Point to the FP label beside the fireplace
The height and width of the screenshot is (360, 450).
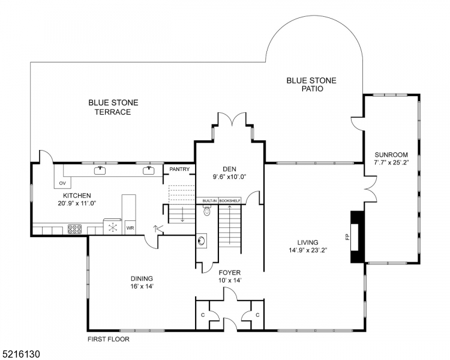pyautogui.click(x=346, y=236)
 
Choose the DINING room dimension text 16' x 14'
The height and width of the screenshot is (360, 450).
pyautogui.click(x=142, y=286)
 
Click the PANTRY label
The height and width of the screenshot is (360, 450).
pyautogui.click(x=179, y=170)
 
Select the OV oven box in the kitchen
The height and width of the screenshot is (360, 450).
pyautogui.click(x=62, y=184)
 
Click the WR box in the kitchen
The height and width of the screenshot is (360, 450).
pyautogui.click(x=130, y=228)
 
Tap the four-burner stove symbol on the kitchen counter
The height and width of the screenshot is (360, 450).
pyautogui.click(x=75, y=228)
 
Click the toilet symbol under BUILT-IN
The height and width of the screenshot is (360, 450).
pyautogui.click(x=207, y=211)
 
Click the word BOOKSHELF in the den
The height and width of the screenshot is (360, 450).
pyautogui.click(x=229, y=200)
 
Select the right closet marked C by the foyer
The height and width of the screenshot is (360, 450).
pyautogui.click(x=257, y=314)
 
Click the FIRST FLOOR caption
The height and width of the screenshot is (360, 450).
pyautogui.click(x=109, y=339)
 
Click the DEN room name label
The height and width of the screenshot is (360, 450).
pyautogui.click(x=229, y=169)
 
